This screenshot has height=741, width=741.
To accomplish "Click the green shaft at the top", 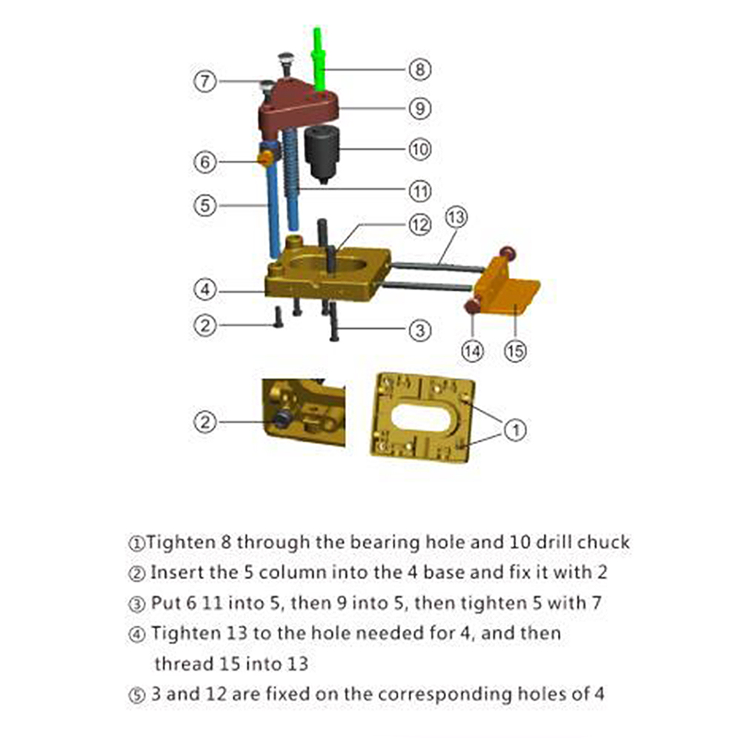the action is click(319, 59).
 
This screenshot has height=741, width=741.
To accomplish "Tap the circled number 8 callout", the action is click(419, 70).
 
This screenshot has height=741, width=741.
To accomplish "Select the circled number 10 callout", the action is click(419, 150).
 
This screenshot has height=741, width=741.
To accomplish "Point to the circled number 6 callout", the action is click(205, 162).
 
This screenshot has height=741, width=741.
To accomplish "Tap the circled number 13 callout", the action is click(456, 217).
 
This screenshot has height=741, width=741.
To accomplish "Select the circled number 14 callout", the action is click(473, 351).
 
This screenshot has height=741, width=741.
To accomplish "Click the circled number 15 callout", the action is click(515, 351).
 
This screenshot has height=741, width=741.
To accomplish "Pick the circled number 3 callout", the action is click(419, 330).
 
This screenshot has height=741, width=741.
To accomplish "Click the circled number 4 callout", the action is click(205, 289).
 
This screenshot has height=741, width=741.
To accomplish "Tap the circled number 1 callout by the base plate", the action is click(515, 430).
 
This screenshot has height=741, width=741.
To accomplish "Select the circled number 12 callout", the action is click(419, 225).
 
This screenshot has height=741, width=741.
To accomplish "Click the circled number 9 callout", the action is click(419, 108).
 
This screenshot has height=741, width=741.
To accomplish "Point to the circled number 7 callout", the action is click(205, 82).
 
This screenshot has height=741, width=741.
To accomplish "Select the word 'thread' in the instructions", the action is click(184, 663).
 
